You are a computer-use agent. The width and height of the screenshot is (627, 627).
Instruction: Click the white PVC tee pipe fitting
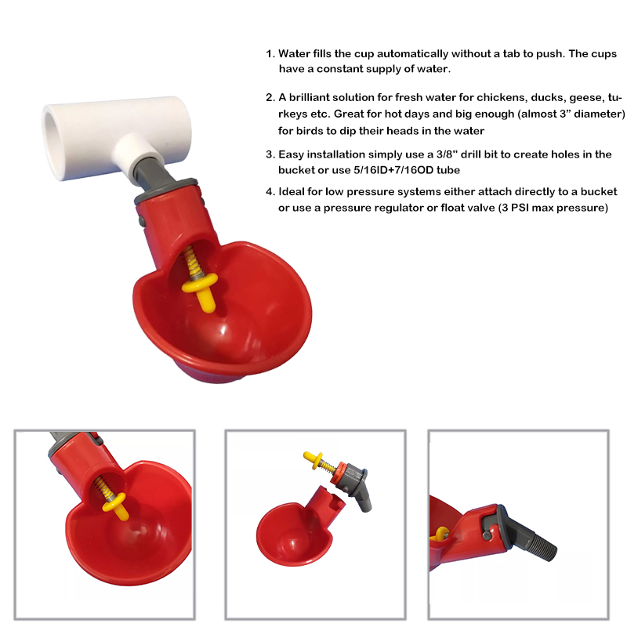pos(116,136)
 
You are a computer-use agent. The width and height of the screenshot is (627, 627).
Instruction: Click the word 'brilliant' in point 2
pos(309,97)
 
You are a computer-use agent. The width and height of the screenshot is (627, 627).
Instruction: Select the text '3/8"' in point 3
pos(447,154)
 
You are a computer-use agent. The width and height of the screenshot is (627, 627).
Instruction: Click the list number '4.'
pos(270,192)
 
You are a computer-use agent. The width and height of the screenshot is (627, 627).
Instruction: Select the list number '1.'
pos(270,54)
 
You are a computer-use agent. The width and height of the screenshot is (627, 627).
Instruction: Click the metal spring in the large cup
pos(191,262)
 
